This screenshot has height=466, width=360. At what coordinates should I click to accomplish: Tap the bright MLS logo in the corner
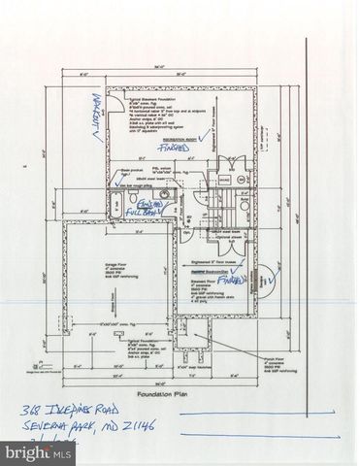29,452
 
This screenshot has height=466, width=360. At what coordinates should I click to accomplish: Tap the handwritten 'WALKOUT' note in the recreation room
96,115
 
